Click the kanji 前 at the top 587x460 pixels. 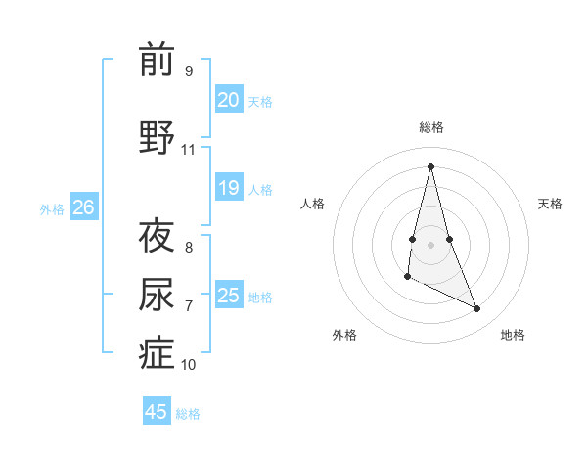157,60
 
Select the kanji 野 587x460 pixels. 157,138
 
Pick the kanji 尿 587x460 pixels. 157,295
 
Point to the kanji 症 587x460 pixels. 157,353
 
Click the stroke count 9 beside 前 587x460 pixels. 188,71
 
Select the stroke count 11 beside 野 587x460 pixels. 188,150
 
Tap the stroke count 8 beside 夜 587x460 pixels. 188,247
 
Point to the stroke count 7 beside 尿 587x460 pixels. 188,306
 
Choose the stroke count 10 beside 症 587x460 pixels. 188,365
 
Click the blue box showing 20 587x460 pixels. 229,100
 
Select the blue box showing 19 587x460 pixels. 229,188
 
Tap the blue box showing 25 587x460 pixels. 229,296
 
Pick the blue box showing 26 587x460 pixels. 84,207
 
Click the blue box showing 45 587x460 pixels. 157,412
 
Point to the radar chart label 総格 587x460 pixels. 431,127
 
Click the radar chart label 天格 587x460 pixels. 551,204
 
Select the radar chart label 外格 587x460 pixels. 344,335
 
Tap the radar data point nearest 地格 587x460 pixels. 477,309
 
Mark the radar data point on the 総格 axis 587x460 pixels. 431,165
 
